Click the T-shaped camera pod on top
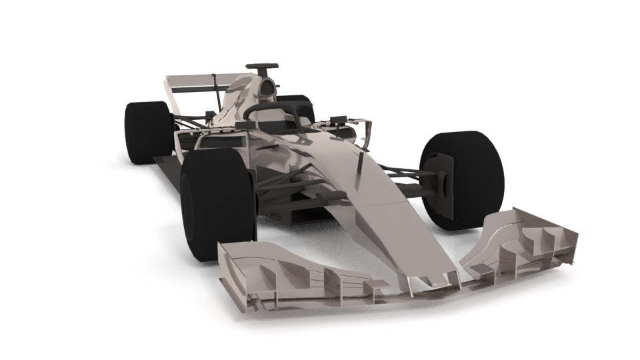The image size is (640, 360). (262, 67)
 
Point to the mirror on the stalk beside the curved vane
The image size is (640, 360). (337, 121)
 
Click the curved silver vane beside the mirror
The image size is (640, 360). (365, 133)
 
